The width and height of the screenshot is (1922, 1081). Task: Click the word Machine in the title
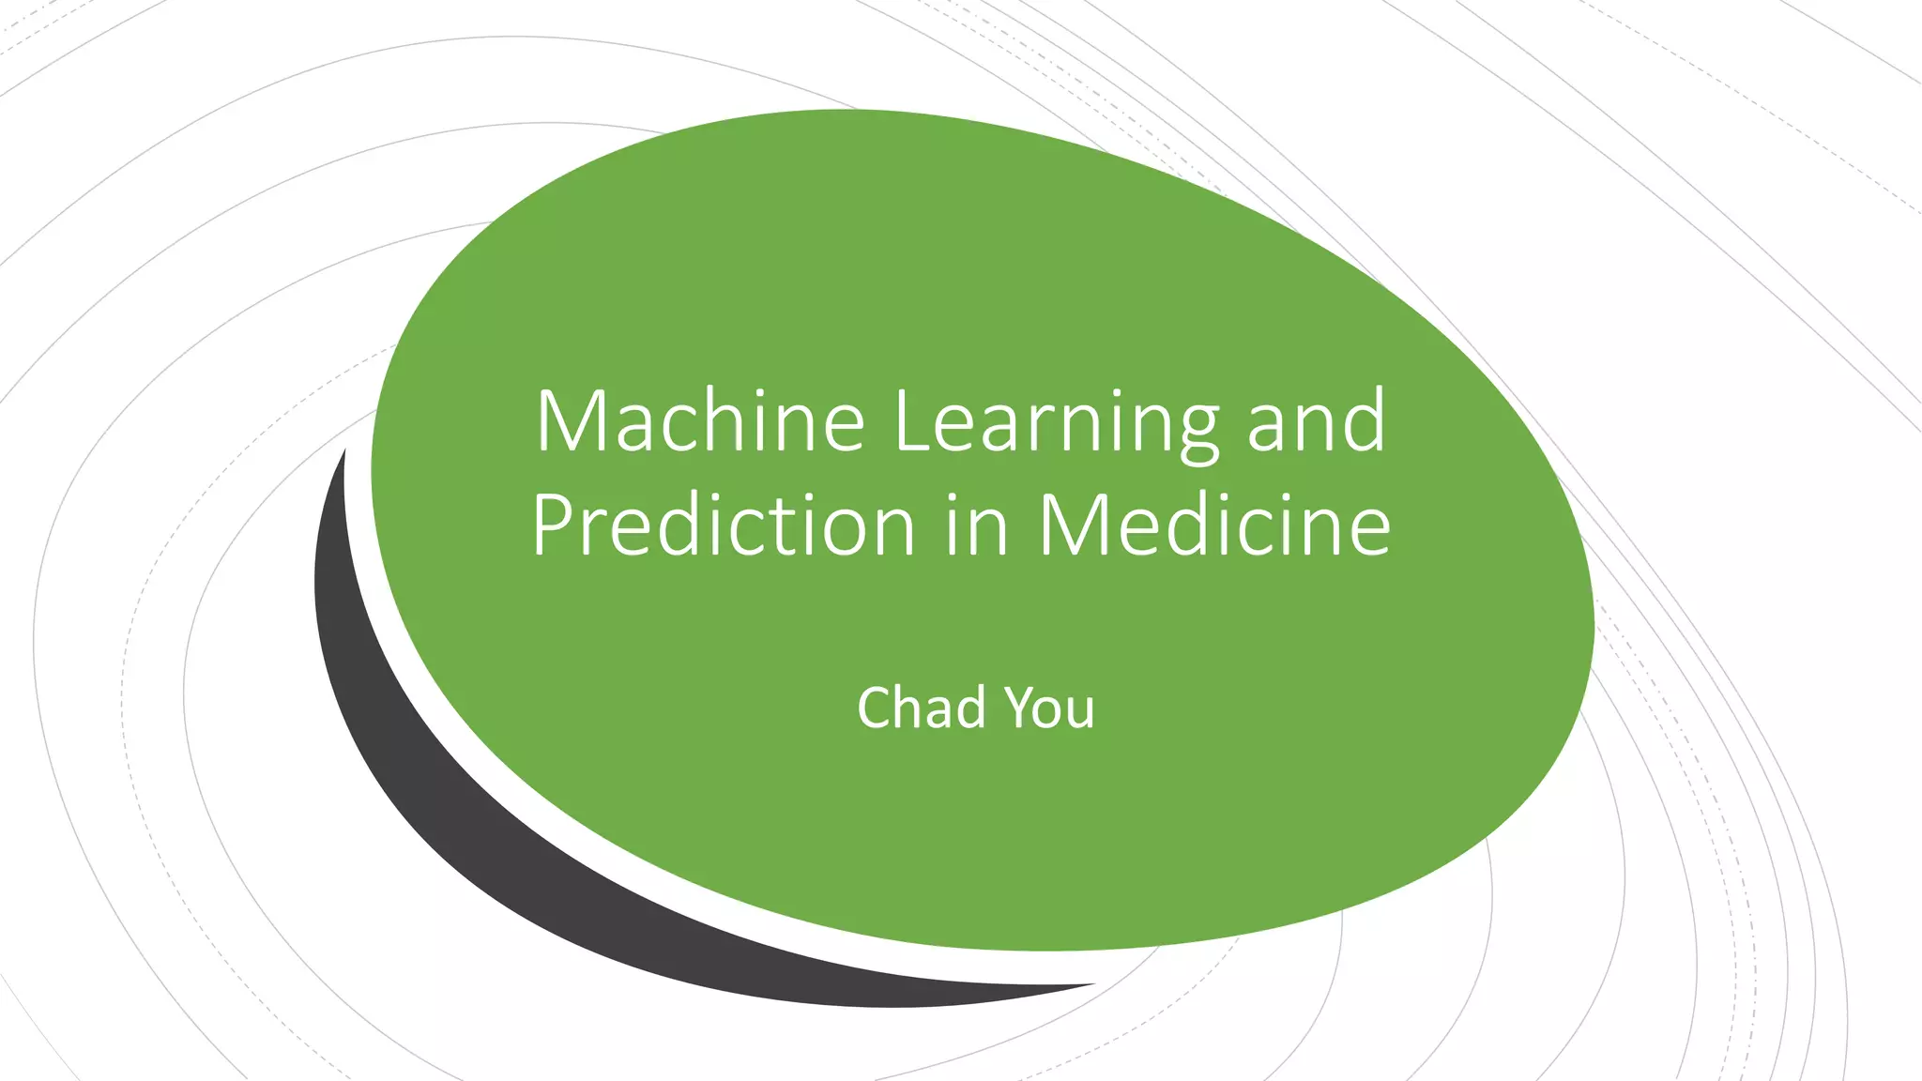click(x=699, y=421)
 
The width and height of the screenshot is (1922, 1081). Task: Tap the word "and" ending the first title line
click(x=1316, y=423)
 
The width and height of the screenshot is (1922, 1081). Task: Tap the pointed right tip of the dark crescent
click(x=1089, y=985)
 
